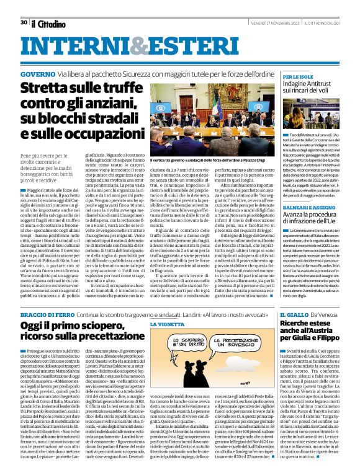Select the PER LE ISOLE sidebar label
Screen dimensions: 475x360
point(298,76)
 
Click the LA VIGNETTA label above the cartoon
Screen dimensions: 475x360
point(168,324)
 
